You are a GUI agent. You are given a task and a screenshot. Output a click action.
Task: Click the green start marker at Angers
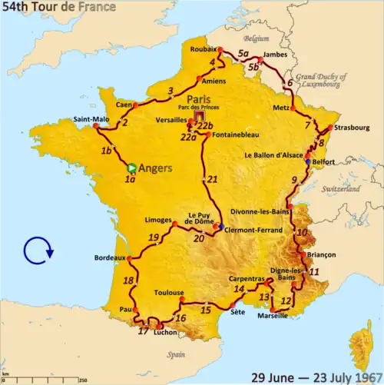(132, 167)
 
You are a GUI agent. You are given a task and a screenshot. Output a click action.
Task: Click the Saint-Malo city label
(91, 119)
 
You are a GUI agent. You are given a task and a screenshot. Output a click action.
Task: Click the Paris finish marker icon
(202, 118)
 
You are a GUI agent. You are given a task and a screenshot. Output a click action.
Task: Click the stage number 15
(206, 310)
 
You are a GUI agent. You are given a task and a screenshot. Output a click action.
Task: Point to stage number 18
(128, 280)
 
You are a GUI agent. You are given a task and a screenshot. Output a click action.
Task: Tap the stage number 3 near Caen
(170, 93)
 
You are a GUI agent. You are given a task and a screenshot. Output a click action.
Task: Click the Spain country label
(178, 355)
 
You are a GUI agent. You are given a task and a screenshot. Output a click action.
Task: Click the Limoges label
(157, 220)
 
